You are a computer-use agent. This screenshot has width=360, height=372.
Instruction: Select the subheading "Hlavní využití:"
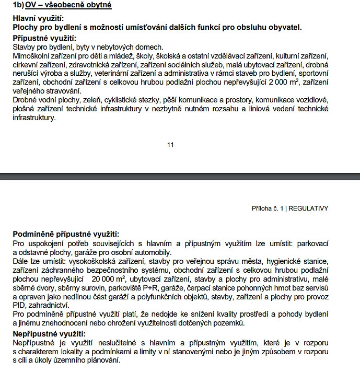click(38, 18)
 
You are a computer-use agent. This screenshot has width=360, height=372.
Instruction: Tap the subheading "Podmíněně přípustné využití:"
click(66, 234)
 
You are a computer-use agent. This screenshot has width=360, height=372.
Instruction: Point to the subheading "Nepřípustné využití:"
click(49, 334)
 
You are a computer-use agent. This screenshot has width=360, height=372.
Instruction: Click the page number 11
click(170, 145)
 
